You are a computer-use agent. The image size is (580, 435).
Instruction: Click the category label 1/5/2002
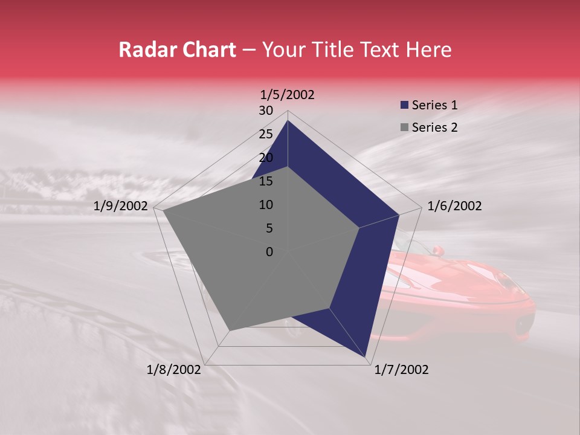[x=288, y=95]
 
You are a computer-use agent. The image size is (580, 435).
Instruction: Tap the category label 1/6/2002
[x=454, y=206]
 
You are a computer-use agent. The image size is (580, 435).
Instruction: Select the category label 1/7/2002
[x=401, y=370]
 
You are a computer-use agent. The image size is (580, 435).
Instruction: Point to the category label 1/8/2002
[x=174, y=370]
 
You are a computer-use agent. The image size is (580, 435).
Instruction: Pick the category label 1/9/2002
[x=121, y=206]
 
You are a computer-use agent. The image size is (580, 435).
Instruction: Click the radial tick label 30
[x=266, y=111]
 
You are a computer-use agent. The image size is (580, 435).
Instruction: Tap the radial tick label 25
[x=266, y=134]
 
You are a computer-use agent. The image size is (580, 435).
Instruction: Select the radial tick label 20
[x=266, y=158]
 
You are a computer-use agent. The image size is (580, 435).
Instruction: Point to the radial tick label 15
[x=266, y=181]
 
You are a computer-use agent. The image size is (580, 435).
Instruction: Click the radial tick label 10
[x=266, y=205]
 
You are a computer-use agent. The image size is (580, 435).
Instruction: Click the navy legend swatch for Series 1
[x=404, y=105]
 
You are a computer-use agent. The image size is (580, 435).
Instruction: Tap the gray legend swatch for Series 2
[x=404, y=127]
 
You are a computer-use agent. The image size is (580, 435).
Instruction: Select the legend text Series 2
[x=434, y=127]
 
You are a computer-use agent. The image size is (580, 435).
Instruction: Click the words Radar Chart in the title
[x=177, y=50]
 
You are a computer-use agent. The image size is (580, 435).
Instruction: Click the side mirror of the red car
[x=437, y=250]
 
